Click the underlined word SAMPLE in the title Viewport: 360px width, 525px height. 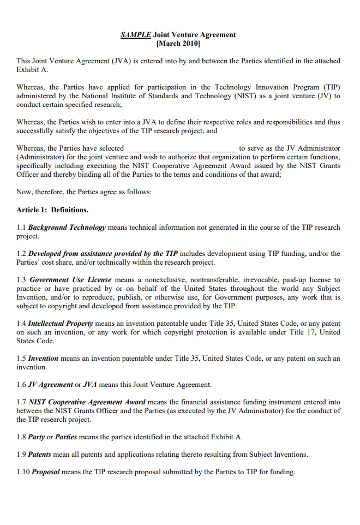[x=136, y=34]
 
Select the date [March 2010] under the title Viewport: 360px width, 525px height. [x=178, y=43]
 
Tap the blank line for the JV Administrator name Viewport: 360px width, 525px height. [x=182, y=148]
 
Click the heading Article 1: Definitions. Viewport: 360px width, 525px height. [x=52, y=210]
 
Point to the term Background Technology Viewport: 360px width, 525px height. [x=67, y=227]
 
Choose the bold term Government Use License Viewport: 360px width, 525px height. [x=70, y=279]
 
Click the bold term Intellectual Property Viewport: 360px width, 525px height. [x=61, y=323]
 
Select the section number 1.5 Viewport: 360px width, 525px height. [x=21, y=359]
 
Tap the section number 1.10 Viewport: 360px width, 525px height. [x=23, y=472]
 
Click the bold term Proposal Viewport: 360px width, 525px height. [x=46, y=472]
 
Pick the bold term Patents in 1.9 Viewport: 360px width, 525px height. [x=40, y=454]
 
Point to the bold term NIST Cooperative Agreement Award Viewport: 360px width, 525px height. [x=87, y=402]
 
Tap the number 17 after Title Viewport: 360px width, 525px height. [x=321, y=332]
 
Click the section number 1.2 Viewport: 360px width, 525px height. [x=21, y=253]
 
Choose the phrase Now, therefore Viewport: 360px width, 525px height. [x=38, y=192]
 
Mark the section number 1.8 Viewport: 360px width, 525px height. [x=21, y=437]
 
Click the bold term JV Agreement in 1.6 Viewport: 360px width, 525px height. [x=50, y=384]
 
